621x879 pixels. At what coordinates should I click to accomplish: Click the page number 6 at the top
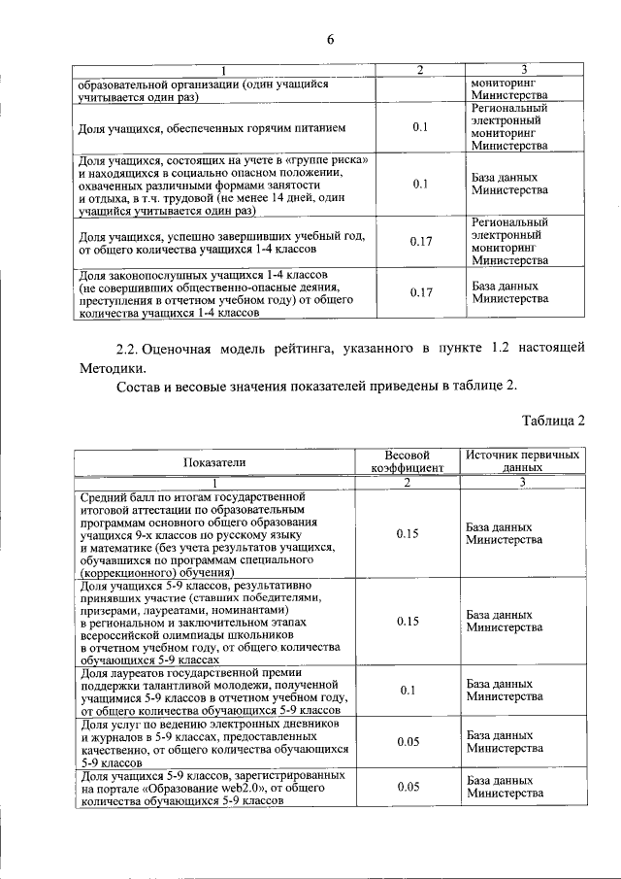tap(329, 39)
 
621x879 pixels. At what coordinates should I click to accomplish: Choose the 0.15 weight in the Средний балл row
tap(408, 533)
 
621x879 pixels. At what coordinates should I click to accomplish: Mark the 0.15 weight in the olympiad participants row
tap(408, 621)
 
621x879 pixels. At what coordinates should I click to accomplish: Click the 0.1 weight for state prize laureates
tap(408, 691)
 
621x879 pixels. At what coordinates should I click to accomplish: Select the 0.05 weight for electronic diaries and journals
tap(408, 742)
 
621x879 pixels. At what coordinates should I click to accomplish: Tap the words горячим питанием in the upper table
tap(302, 128)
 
